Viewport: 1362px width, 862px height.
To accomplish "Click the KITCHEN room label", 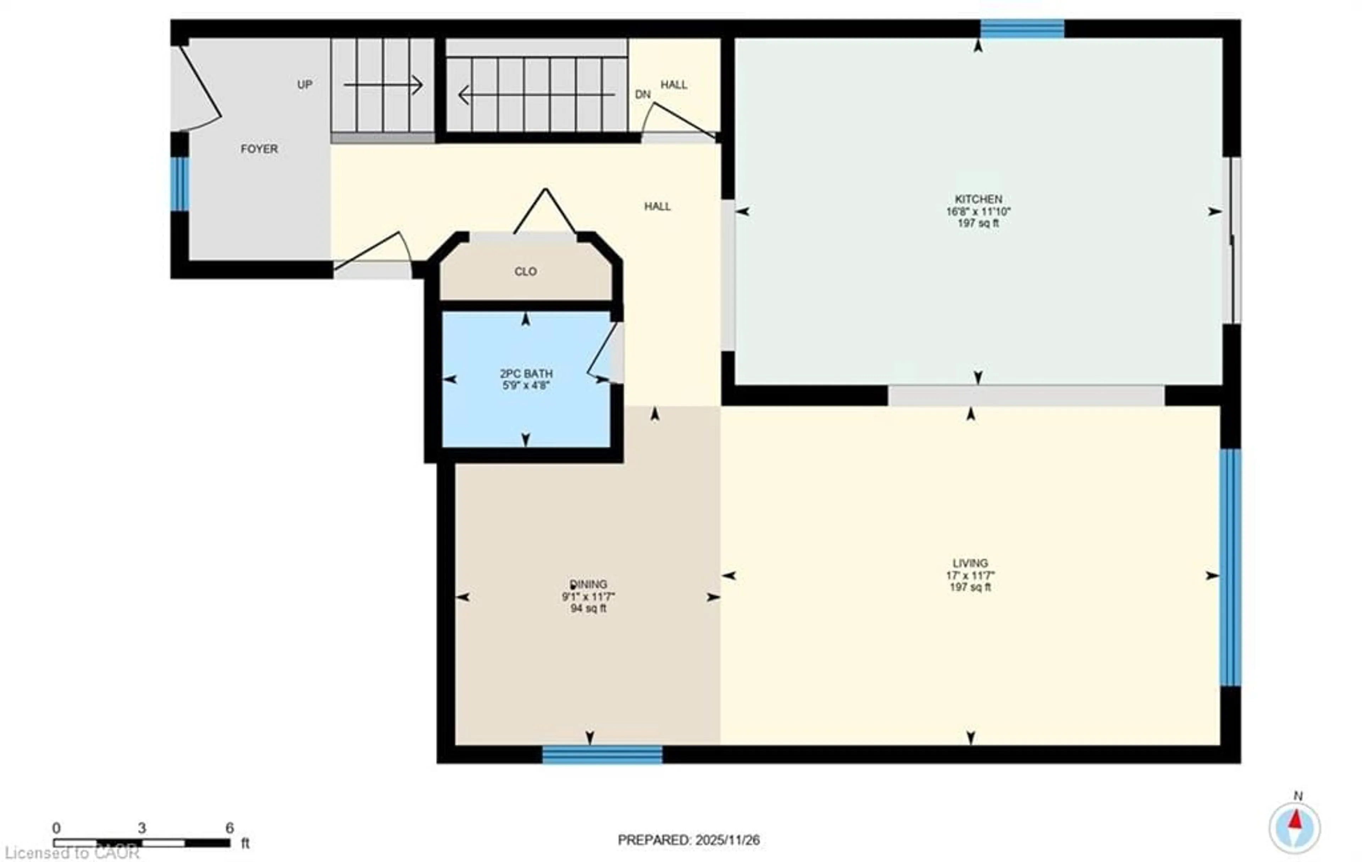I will tap(978, 199).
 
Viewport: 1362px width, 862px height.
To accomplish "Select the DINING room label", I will tap(588, 584).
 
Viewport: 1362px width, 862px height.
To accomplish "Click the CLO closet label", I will tap(525, 271).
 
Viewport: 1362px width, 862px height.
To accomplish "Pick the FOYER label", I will tap(259, 149).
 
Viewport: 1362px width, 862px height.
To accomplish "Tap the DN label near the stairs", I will tap(643, 94).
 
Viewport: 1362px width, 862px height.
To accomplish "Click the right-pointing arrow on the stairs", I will tap(383, 85).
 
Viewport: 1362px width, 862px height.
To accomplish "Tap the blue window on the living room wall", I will tap(1230, 567).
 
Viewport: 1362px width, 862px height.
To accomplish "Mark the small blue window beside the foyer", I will tap(180, 184).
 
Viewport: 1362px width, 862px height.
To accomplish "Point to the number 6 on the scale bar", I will tap(229, 828).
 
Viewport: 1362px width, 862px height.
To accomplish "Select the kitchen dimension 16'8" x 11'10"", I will tap(978, 211).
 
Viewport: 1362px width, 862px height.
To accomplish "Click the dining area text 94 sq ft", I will tap(588, 609).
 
